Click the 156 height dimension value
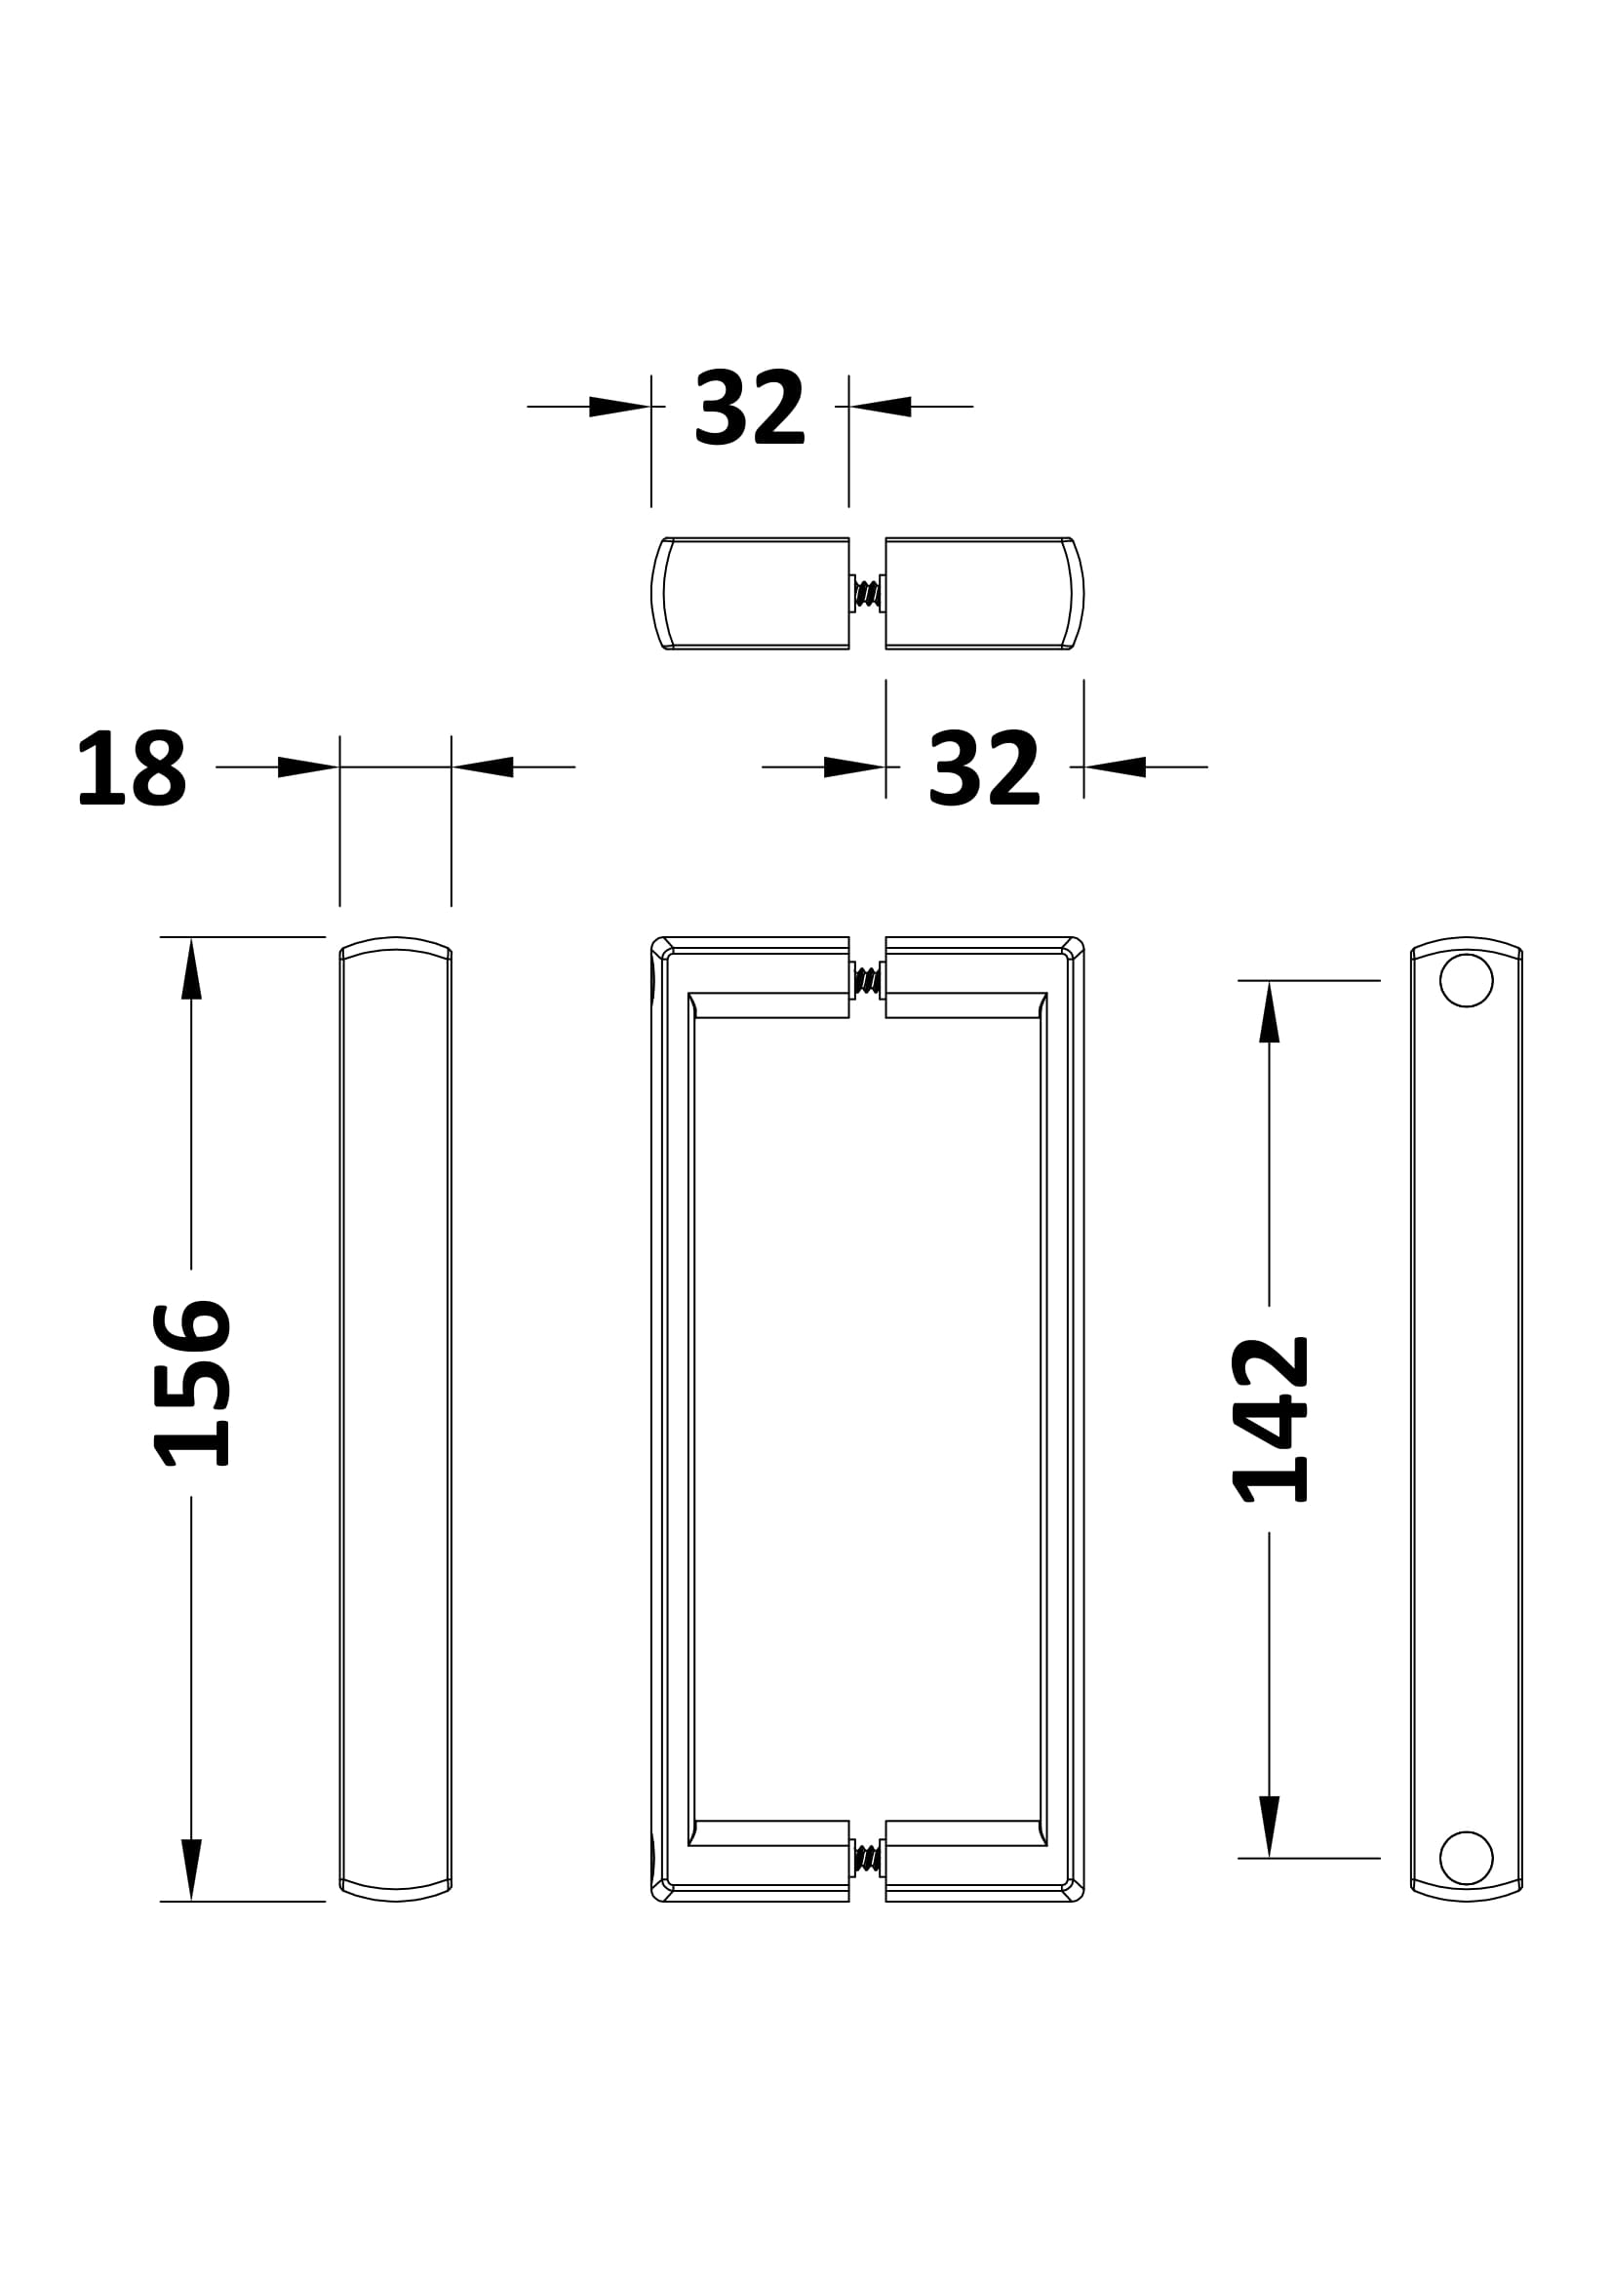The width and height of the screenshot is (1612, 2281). pos(192,1383)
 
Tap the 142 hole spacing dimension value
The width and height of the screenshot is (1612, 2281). pos(1270,1419)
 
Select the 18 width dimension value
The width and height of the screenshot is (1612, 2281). pos(131,767)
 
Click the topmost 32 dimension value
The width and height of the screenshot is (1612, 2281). pos(750,408)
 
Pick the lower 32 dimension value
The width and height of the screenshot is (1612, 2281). pos(984,767)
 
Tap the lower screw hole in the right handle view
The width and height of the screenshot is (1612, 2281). pos(1466,1858)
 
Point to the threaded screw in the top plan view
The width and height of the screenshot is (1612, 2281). pos(867,594)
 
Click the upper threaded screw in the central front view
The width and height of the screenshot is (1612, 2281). pos(867,980)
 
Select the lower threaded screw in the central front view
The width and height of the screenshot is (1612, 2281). pos(867,1858)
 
